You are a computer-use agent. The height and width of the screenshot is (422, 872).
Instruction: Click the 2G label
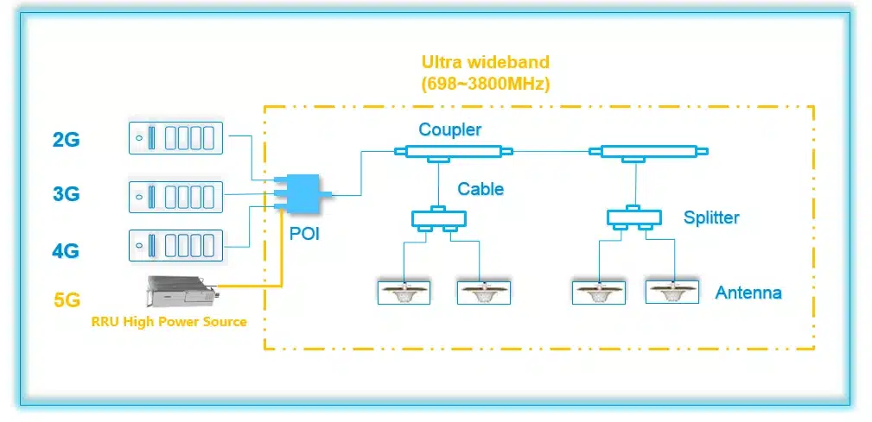click(66, 139)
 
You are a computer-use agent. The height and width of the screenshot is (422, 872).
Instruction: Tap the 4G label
click(66, 251)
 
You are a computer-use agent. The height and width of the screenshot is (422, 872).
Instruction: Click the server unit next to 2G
click(175, 138)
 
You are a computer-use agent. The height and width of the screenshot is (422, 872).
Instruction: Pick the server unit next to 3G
click(175, 195)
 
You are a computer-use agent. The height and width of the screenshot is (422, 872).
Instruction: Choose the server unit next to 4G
click(175, 245)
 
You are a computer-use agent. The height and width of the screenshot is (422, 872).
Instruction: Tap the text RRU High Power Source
click(169, 322)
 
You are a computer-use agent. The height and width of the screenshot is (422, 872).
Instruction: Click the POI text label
click(302, 233)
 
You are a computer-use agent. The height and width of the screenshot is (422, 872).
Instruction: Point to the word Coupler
click(449, 129)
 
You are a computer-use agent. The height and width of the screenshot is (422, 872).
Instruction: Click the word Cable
click(481, 188)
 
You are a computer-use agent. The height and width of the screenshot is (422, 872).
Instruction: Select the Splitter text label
click(711, 217)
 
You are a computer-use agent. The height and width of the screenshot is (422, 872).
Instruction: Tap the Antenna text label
click(748, 293)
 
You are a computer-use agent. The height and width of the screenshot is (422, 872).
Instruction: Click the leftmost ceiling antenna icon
click(404, 292)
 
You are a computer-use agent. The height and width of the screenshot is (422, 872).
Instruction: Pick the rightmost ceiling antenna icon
click(671, 292)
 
